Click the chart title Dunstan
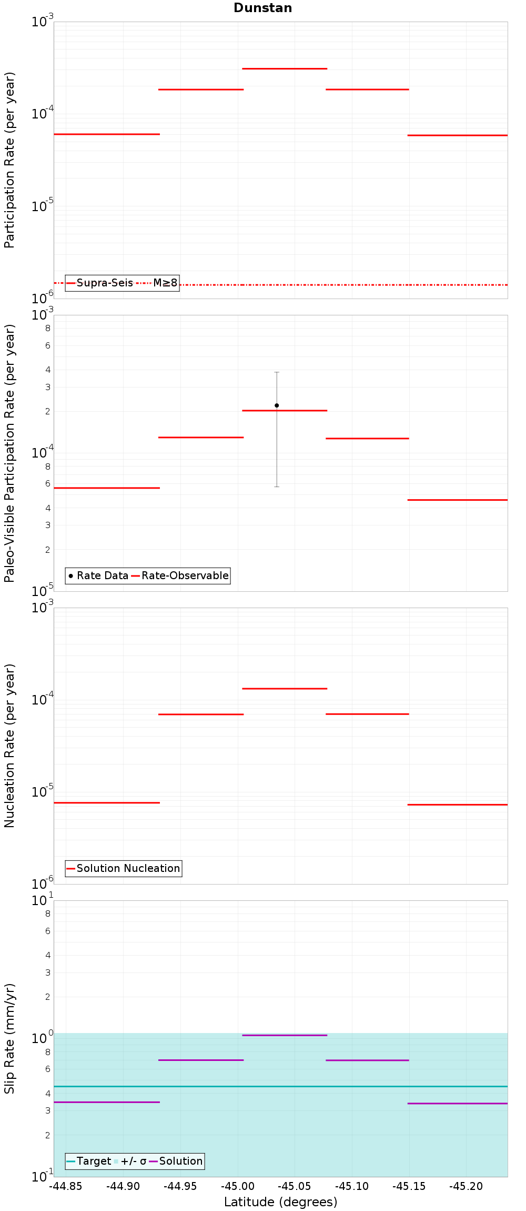262,8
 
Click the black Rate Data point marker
277,405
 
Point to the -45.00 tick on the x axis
237,1186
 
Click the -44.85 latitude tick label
66,1186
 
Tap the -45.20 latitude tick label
466,1186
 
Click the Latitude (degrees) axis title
280,1202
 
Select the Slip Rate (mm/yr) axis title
9,1038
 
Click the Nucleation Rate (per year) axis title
9,746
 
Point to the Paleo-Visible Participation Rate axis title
9,453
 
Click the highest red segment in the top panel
285,68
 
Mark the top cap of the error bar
277,372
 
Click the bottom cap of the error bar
277,487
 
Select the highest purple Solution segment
285,1035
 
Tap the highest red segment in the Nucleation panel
285,689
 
